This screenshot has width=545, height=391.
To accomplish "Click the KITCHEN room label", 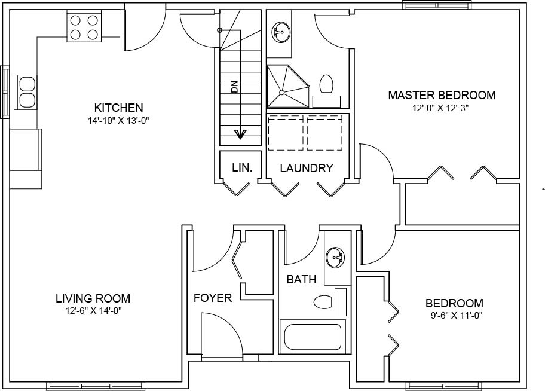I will click(x=118, y=108).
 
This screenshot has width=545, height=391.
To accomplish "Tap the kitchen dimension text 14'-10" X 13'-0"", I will click(x=118, y=120).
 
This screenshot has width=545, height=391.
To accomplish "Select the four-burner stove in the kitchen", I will click(x=84, y=27).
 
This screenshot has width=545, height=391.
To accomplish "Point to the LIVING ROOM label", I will click(x=93, y=298).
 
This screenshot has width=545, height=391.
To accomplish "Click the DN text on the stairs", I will click(x=234, y=87).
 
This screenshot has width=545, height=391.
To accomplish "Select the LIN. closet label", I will click(x=242, y=168).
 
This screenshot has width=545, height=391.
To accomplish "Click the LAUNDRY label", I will click(x=306, y=168).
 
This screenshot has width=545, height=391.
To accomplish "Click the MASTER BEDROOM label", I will click(x=442, y=95).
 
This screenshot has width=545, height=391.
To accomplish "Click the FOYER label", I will click(x=212, y=298).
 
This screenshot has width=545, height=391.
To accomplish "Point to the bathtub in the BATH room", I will click(x=312, y=337).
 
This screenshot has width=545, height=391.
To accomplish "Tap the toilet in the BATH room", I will click(x=323, y=302).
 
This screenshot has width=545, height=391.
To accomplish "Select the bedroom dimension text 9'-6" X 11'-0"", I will click(x=454, y=315).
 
